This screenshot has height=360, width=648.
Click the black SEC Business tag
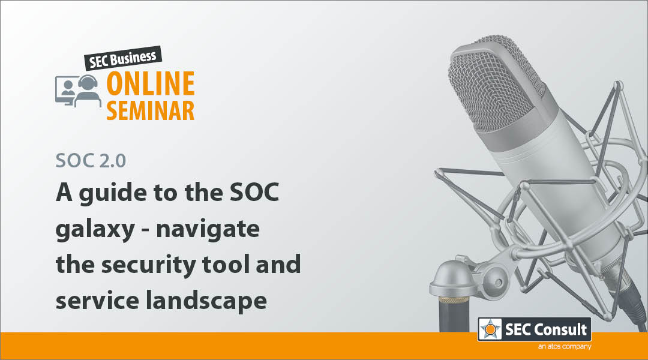coord(123,58)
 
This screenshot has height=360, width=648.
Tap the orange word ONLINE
coord(151,83)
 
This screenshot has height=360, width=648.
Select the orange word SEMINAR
coord(151,110)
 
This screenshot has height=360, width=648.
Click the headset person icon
coord(88,91)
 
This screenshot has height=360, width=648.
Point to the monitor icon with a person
coord(65,91)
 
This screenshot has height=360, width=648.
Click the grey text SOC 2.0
coord(91,161)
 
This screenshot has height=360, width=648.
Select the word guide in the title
coord(112,193)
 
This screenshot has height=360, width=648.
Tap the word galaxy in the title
coord(95,230)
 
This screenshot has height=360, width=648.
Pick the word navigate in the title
coord(208,230)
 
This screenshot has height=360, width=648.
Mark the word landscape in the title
coord(206,301)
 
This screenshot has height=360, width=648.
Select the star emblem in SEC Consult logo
coord(490,329)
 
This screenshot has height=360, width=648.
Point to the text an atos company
coord(565,346)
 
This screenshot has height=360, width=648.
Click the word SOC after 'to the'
coord(254,192)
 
